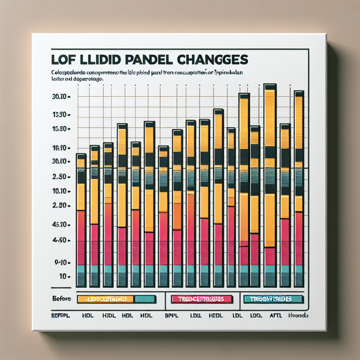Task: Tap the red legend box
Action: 202,299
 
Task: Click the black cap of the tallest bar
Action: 270,87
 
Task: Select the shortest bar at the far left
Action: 81,220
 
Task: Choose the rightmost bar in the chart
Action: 299,188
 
